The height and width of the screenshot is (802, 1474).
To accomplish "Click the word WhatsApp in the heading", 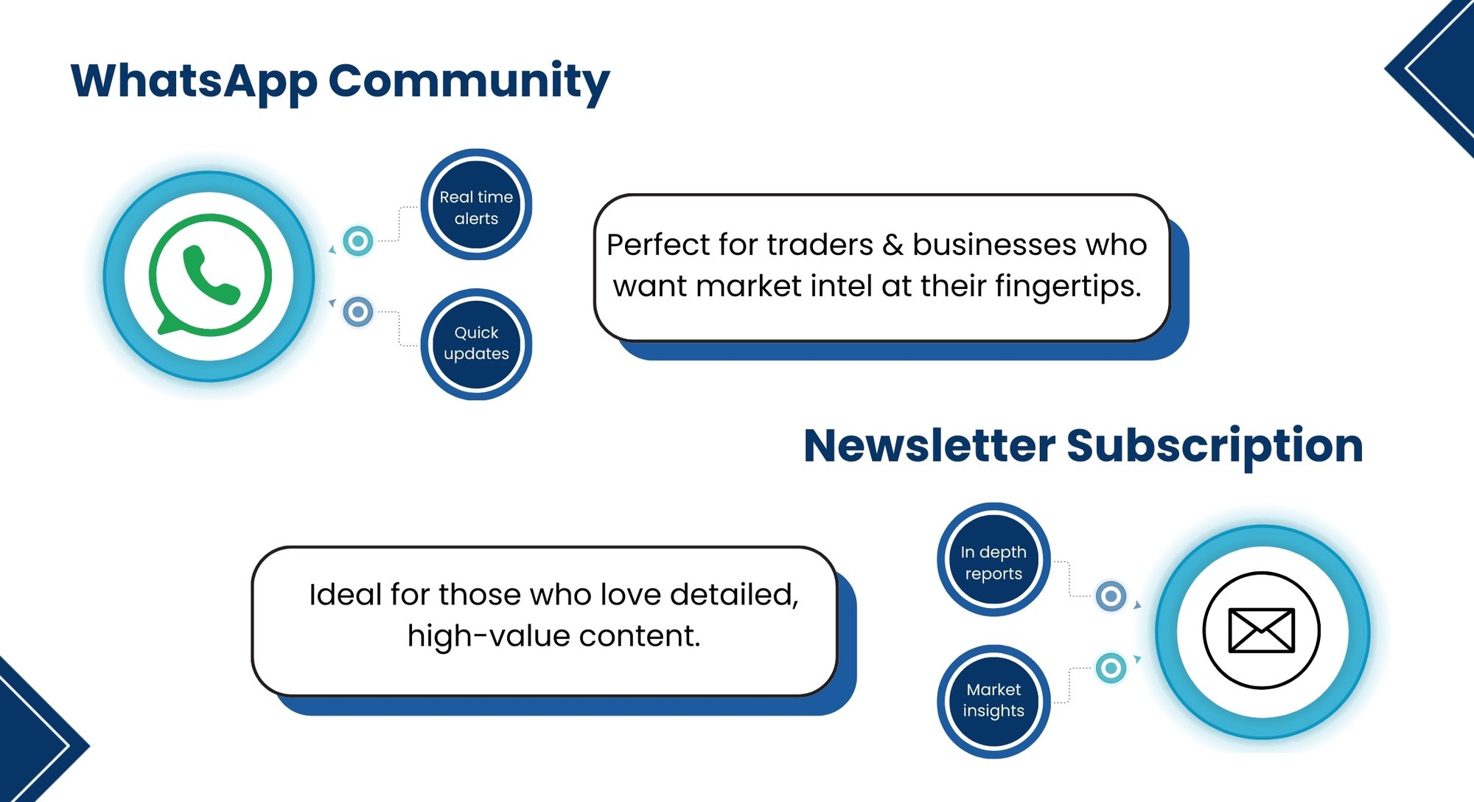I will [x=193, y=81].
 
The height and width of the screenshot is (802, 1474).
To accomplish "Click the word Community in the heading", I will [x=469, y=81].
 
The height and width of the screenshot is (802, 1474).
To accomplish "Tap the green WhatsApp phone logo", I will [x=210, y=276].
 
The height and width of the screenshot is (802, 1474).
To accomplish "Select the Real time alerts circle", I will [x=476, y=206].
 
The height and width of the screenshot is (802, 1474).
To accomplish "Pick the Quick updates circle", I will [x=476, y=344].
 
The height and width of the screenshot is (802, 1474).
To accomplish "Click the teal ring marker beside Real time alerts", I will [x=358, y=241].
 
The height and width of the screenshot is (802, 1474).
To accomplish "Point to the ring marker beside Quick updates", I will [x=358, y=312].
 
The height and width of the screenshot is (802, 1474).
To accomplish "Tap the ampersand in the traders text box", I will [x=893, y=245].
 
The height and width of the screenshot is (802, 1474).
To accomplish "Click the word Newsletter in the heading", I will [x=929, y=446].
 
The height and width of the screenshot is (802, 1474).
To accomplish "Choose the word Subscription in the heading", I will [x=1215, y=446].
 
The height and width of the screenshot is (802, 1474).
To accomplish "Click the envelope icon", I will [x=1261, y=630].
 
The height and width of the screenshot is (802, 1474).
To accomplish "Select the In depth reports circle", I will [x=993, y=561].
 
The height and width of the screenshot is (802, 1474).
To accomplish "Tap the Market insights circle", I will [x=993, y=700].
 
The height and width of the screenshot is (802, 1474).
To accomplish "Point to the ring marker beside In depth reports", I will [x=1111, y=596].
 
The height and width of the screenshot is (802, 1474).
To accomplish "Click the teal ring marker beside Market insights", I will [x=1111, y=668].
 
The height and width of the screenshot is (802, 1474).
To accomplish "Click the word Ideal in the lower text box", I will [x=344, y=595].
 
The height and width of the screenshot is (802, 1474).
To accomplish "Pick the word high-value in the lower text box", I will [x=486, y=636].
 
